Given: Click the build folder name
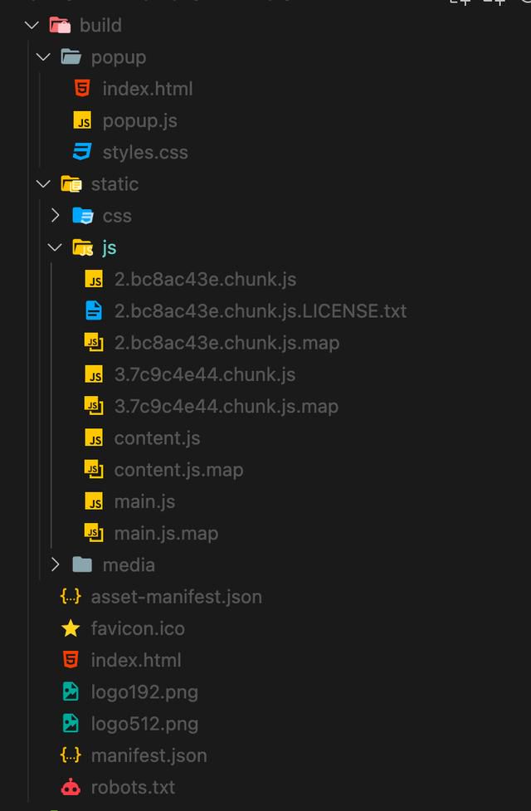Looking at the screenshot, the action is tap(100, 26).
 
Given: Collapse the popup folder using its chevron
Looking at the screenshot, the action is tap(43, 57).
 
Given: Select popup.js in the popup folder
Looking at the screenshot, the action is tap(139, 121).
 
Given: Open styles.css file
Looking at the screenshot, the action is tap(144, 153).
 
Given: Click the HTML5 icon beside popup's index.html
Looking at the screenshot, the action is tap(82, 89).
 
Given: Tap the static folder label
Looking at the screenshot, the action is tap(114, 184).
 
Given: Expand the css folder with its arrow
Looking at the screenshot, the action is tap(56, 216).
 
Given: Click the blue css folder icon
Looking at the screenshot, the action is tap(83, 215).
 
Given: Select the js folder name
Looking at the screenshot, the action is tap(109, 247).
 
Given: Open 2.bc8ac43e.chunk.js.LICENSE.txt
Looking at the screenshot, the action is tap(260, 310).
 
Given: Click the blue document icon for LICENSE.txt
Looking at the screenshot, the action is tap(94, 310).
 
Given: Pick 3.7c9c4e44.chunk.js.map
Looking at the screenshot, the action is tap(226, 407).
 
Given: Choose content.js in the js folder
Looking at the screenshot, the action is tap(157, 438).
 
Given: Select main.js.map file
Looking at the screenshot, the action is tap(166, 534).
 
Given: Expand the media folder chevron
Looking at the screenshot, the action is tap(56, 564).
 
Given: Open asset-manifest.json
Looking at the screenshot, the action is tap(176, 597).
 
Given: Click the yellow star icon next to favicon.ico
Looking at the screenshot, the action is tap(71, 628).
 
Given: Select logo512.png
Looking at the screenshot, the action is tap(144, 724).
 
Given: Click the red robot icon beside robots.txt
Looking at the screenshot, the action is tap(71, 787).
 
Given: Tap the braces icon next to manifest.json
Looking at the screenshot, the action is tap(71, 755).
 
